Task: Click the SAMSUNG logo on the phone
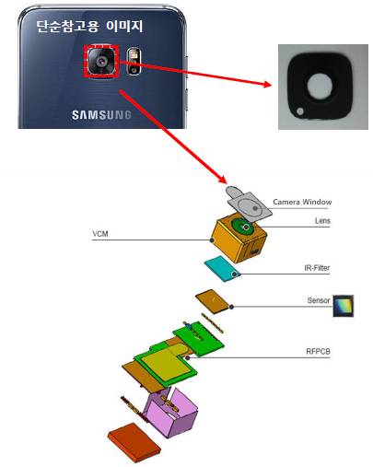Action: (101, 115)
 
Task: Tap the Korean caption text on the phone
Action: (89, 27)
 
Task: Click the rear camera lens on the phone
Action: (101, 61)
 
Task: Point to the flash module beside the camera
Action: (134, 62)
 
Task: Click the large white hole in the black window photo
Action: (320, 87)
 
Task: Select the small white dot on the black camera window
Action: (300, 111)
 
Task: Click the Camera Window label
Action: (302, 202)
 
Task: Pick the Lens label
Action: (322, 221)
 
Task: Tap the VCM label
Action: (100, 234)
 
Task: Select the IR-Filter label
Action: (317, 268)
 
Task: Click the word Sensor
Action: (319, 300)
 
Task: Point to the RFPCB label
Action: (318, 351)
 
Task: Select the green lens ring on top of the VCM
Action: (243, 227)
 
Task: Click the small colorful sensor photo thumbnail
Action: (344, 306)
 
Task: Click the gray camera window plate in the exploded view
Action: (249, 204)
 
